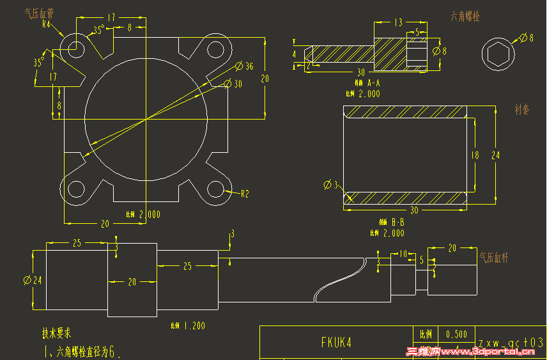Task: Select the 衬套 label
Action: click(x=521, y=109)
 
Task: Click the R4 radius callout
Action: click(x=46, y=24)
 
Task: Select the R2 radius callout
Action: click(x=244, y=193)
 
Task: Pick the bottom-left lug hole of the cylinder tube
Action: click(x=76, y=189)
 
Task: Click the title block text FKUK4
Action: click(x=336, y=342)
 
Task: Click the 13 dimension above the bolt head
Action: click(x=398, y=23)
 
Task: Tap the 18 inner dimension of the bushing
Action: click(x=474, y=155)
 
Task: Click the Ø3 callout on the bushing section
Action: click(x=330, y=185)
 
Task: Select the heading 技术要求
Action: click(x=56, y=333)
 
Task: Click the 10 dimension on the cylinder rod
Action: click(x=403, y=254)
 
